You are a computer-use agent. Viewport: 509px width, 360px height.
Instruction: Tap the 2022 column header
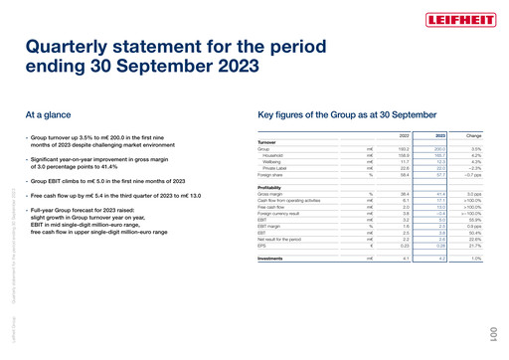404,135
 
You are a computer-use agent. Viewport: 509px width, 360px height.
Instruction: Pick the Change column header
473,135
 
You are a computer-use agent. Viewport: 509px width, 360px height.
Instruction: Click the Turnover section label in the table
267,142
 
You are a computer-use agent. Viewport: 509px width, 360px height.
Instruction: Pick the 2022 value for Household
404,155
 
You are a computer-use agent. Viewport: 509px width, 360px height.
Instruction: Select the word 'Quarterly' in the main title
79,46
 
